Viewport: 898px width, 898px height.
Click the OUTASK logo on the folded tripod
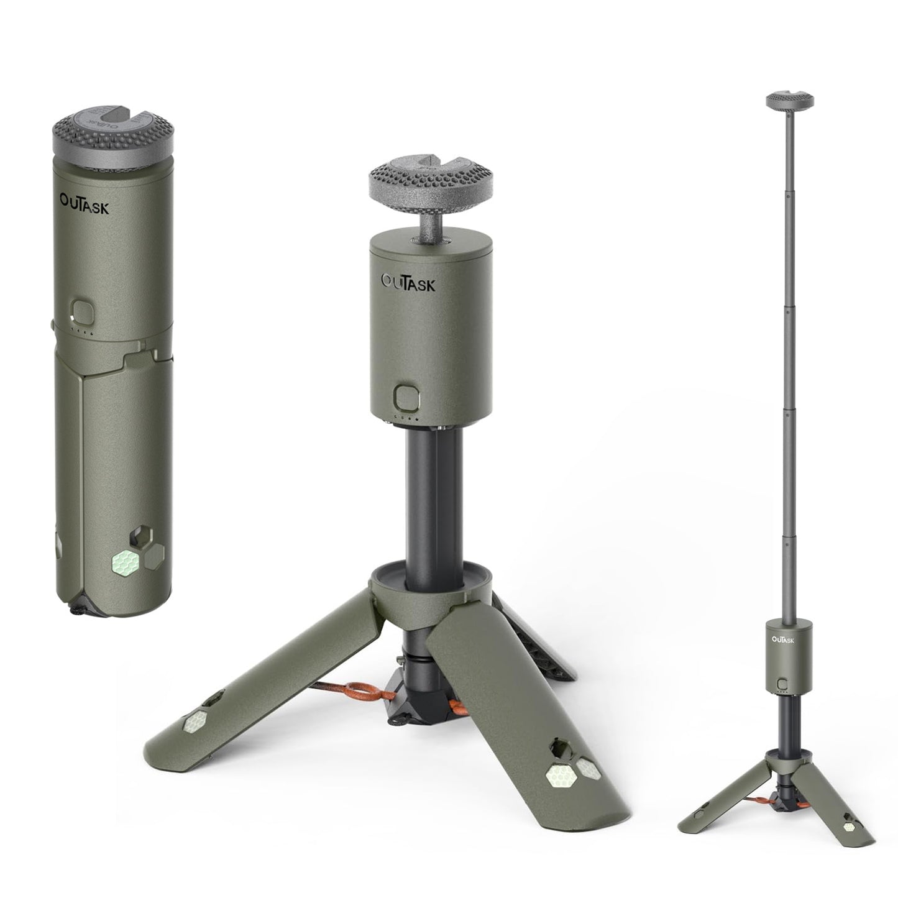coord(85,204)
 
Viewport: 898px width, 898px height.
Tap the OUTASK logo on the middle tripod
coord(408,282)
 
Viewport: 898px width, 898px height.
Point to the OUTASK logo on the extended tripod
coord(783,639)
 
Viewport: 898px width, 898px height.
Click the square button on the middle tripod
coord(406,397)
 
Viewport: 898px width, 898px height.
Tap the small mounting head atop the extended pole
coord(790,100)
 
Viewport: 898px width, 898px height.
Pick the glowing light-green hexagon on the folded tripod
coord(126,562)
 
